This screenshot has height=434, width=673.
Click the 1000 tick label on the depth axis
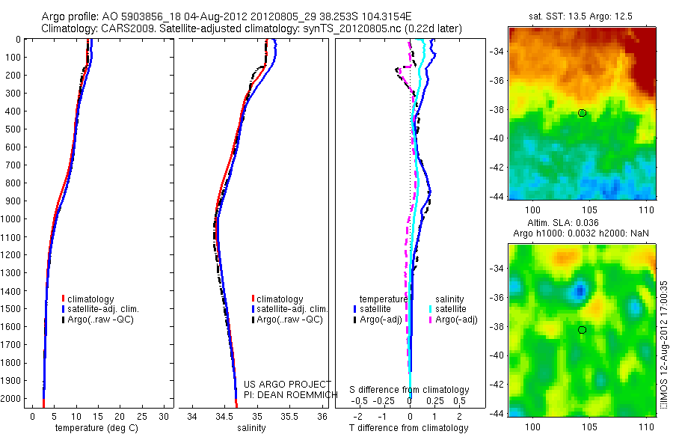point(13,219)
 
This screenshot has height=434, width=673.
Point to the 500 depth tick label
point(15,129)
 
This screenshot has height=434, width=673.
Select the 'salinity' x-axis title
point(251,428)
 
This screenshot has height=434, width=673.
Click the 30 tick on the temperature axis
point(165,415)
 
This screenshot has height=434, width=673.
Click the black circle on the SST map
point(582,113)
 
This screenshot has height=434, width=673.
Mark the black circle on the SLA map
point(582,329)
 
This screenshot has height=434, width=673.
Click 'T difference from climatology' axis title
point(409,428)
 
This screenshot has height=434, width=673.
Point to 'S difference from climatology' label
point(409,390)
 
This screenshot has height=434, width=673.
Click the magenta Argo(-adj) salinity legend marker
point(431,320)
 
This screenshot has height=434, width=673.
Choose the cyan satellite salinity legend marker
point(431,308)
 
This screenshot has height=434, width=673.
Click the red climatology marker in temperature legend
point(64,299)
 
